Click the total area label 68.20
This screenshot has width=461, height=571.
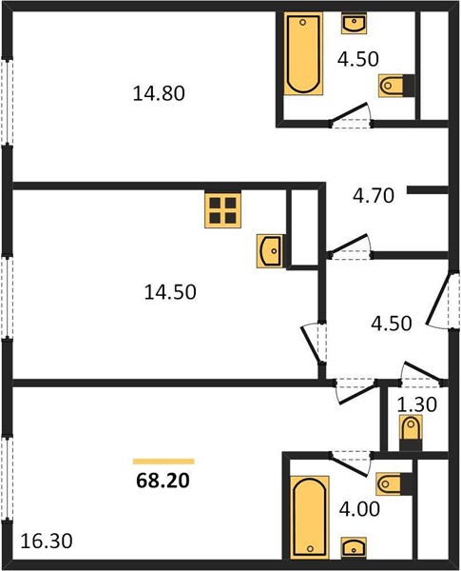[x=163, y=481]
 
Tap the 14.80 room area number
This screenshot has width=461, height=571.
[x=159, y=93]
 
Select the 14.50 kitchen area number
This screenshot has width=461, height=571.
[x=170, y=292]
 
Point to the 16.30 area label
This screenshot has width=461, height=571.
[x=47, y=541]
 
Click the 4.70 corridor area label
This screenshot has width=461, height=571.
[x=374, y=195]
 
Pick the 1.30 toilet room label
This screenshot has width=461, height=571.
[x=417, y=404]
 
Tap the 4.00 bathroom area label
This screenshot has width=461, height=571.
[x=360, y=509]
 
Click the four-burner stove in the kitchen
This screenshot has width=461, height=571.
[x=222, y=210]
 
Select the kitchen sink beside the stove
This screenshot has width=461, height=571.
[x=270, y=251]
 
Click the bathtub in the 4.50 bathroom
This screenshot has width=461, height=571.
[x=303, y=53]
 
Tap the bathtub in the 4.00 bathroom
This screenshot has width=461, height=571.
[x=310, y=517]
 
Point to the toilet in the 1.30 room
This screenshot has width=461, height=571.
[x=411, y=433]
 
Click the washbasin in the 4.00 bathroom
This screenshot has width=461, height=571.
[x=354, y=547]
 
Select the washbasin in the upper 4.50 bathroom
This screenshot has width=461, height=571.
[x=354, y=23]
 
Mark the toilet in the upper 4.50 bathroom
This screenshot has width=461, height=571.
[x=396, y=86]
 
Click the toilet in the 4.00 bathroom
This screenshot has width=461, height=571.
[x=394, y=484]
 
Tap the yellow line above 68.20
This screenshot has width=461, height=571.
[x=163, y=462]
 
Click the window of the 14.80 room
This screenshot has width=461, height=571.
[x=7, y=102]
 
